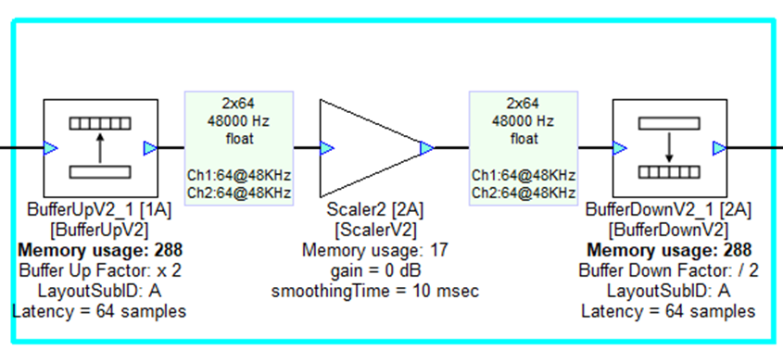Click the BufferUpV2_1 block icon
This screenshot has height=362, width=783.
[x=101, y=147]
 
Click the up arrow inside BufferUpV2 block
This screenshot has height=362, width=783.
[x=101, y=146]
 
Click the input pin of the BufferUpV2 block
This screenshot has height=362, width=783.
[x=51, y=147]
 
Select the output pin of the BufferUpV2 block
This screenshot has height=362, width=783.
[x=150, y=147]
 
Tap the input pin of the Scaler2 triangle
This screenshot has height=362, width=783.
[x=326, y=147]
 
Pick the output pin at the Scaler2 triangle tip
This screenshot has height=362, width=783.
[x=426, y=147]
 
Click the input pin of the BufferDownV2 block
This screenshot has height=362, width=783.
[x=618, y=147]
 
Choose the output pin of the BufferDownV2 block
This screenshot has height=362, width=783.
[x=719, y=147]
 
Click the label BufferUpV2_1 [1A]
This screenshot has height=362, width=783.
[x=99, y=210]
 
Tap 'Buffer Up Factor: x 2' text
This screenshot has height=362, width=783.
[x=99, y=270]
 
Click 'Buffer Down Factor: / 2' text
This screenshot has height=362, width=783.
[x=668, y=270]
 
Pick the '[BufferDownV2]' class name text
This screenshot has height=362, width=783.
[x=668, y=230]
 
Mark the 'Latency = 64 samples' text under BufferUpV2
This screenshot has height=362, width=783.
[x=99, y=311]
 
